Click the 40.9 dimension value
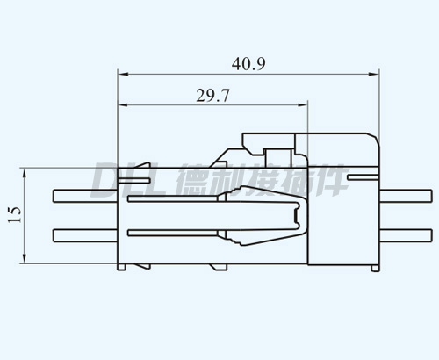coord(248,64)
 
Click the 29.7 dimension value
coord(212,96)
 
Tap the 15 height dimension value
coord(15,215)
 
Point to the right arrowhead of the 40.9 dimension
coord(373,74)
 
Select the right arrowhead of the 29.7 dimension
coord(302,104)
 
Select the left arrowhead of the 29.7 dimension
coord(123,104)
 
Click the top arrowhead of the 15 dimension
coord(25,174)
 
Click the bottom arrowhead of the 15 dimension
coord(25,258)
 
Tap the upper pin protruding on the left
coord(85,196)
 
